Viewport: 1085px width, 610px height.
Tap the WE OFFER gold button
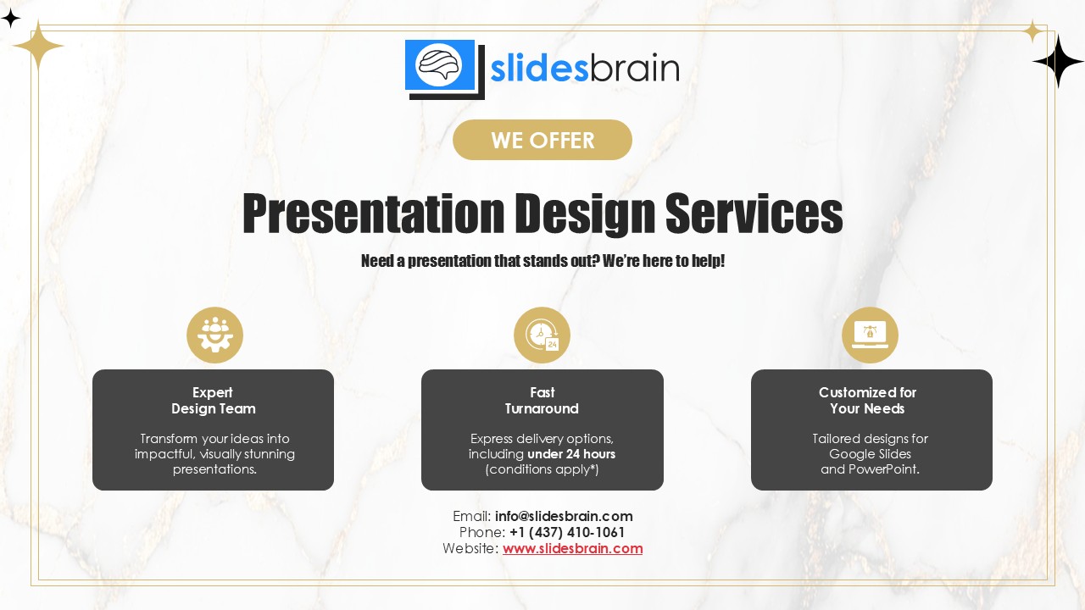coord(542,140)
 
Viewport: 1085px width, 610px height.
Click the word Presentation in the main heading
coord(374,213)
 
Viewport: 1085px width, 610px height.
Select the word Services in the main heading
coord(754,213)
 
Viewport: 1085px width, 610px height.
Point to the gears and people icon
coord(214,335)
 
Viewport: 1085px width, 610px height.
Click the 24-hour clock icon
coord(542,335)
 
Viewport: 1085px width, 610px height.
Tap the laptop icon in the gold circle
coord(870,335)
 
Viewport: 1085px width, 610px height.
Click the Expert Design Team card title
coord(213,401)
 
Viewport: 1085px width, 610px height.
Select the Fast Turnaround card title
coord(542,401)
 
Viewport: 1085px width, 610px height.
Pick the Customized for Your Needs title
coord(867,401)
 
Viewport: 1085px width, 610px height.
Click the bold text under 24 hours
coord(571,454)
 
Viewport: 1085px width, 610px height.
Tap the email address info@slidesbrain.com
coord(564,516)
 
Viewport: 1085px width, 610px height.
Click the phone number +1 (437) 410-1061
coord(567,533)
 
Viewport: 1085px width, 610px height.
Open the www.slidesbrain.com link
coord(572,548)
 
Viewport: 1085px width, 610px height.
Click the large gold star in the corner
coord(38,46)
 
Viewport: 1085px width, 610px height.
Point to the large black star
coord(1059,62)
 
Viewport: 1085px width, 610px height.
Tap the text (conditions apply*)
coord(542,469)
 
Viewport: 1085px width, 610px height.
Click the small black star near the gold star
coord(10,19)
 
